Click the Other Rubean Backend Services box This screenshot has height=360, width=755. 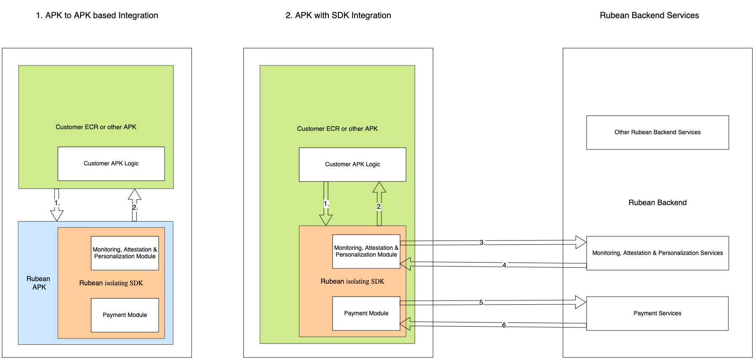pos(657,132)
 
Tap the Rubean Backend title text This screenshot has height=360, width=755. pos(657,203)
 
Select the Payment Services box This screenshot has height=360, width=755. pos(657,313)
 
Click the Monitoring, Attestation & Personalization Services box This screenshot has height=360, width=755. pos(657,253)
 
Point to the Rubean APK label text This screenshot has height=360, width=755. pos(38,283)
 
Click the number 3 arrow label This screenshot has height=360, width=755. pos(482,243)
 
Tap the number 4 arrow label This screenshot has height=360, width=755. pos(505,265)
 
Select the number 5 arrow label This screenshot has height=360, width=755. pos(482,303)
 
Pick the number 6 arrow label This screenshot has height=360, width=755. pos(504,325)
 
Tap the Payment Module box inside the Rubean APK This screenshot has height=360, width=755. pos(125,315)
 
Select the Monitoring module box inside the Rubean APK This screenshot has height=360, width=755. pos(125,253)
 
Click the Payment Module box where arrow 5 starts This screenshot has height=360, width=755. pos(366,313)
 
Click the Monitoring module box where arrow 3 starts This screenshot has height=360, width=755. pos(366,251)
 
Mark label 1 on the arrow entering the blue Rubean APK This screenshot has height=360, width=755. pos(57,203)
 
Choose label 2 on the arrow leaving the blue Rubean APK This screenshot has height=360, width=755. pos(135,207)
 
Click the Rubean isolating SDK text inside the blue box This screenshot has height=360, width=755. pos(111,283)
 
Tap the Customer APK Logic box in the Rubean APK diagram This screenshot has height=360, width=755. pos(111,163)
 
